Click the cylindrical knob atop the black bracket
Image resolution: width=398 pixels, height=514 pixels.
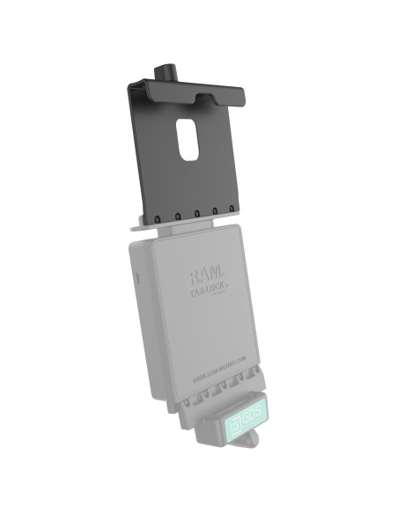166,70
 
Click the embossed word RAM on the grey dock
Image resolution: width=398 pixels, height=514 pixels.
202,268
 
